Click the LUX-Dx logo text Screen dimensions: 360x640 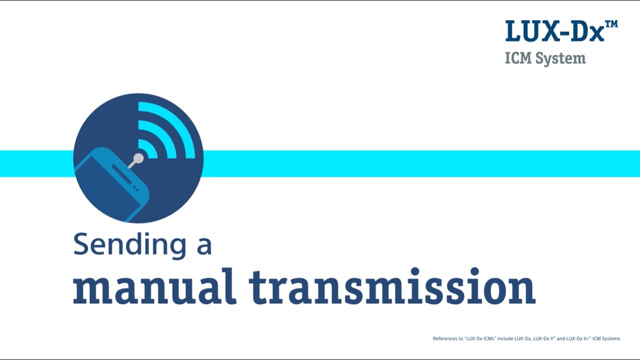(x=554, y=31)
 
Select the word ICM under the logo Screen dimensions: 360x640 (x=518, y=58)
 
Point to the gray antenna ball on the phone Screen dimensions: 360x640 (x=138, y=158)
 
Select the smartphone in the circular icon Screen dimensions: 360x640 (x=112, y=185)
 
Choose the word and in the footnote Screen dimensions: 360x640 (x=561, y=338)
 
